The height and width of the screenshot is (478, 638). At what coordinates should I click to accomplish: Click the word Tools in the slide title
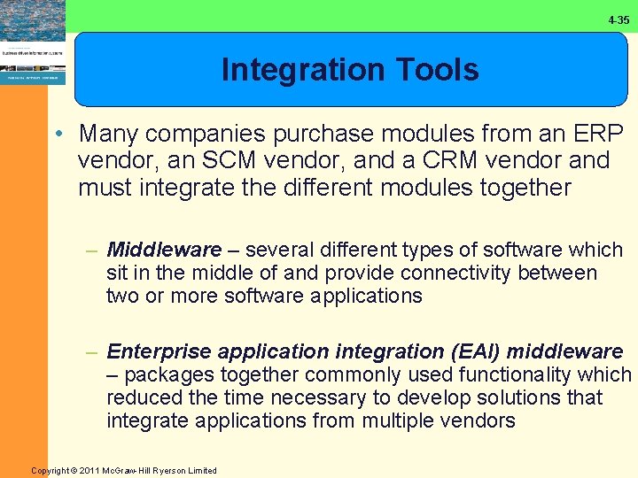[x=433, y=70]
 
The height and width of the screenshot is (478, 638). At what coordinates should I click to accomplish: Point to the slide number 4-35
[x=619, y=19]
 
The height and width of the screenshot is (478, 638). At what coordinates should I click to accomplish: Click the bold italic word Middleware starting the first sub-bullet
[x=163, y=251]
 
